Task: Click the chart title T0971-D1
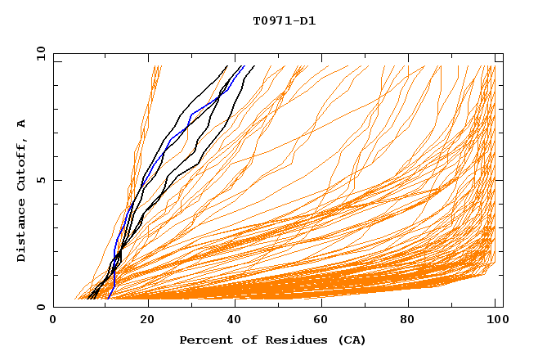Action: click(x=284, y=21)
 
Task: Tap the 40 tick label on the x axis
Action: click(x=236, y=321)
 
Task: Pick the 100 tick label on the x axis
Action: click(x=496, y=321)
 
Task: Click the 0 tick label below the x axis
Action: click(x=54, y=321)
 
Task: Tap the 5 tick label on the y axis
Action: click(x=40, y=180)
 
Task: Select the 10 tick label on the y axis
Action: click(x=40, y=53)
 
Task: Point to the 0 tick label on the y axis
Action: click(x=40, y=307)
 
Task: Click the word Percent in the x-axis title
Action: click(x=203, y=340)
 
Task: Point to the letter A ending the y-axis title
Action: click(x=21, y=124)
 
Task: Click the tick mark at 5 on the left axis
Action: click(x=56, y=180)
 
